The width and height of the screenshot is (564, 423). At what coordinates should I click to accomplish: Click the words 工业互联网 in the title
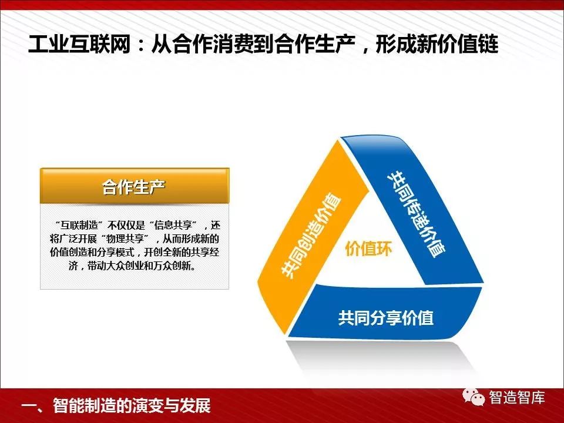[79, 45]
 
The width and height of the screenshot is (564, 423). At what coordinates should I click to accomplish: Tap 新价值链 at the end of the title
[458, 45]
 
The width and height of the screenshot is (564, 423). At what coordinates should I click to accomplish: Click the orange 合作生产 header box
[135, 186]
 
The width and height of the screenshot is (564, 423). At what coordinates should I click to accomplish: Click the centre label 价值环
[368, 249]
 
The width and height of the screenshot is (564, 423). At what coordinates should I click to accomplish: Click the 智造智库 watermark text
[517, 398]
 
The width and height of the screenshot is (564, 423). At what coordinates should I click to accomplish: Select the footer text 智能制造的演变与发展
[132, 406]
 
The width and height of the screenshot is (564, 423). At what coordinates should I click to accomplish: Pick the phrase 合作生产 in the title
[315, 45]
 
